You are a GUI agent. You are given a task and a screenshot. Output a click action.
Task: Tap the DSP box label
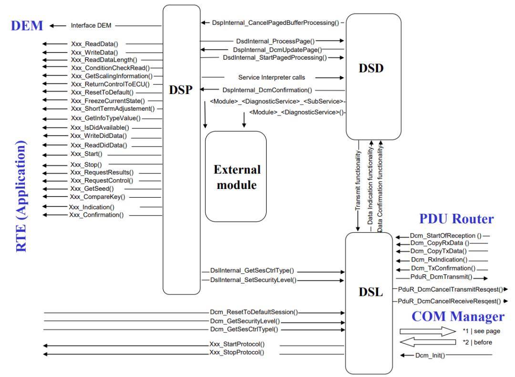point(180,91)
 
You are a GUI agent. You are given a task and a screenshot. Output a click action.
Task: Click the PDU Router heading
point(456,219)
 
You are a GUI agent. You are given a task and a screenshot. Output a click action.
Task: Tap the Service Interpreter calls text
point(271,77)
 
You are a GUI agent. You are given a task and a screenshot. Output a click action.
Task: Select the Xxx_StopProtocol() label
point(237,353)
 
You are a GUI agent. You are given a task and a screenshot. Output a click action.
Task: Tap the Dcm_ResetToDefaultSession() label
point(254,312)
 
